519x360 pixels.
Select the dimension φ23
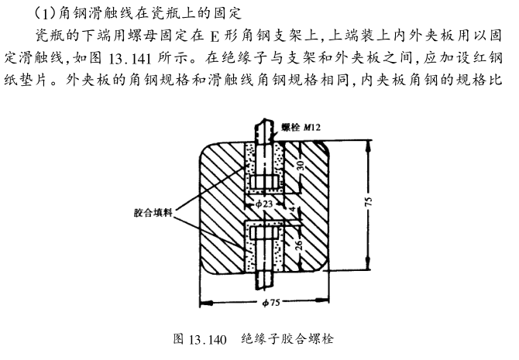click(263, 202)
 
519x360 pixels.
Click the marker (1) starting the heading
click(46, 13)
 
